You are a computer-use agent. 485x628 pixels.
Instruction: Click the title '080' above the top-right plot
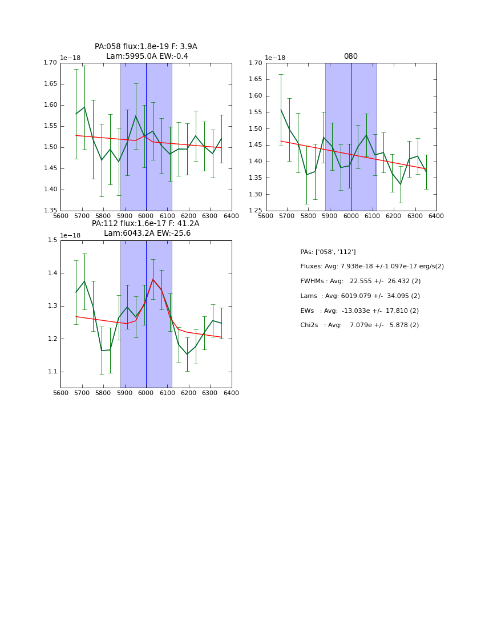click(x=351, y=57)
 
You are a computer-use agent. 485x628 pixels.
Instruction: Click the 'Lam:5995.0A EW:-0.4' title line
click(x=147, y=57)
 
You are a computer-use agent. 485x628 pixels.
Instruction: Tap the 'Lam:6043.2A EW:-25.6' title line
click(x=147, y=234)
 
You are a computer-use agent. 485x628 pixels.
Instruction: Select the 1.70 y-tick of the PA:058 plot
click(x=50, y=63)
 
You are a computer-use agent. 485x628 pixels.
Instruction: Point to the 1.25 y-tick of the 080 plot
click(x=256, y=211)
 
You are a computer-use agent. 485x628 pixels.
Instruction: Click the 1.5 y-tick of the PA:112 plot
click(x=52, y=240)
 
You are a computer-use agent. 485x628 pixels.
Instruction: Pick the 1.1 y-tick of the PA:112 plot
click(x=52, y=372)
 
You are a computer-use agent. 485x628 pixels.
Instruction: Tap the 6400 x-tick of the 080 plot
click(x=436, y=216)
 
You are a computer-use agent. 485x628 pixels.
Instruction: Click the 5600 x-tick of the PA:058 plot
click(x=60, y=216)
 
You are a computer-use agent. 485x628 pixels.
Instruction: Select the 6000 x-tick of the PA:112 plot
click(x=146, y=393)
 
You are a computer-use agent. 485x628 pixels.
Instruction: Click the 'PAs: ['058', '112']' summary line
click(x=328, y=252)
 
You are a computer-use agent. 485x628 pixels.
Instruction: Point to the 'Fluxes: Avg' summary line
click(x=371, y=267)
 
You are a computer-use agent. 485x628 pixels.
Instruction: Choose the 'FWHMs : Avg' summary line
click(x=360, y=281)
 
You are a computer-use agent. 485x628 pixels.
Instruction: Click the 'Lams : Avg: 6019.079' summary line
click(x=359, y=296)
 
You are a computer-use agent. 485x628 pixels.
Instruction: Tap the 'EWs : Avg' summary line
click(x=359, y=311)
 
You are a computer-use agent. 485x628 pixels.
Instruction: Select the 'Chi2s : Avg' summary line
click(x=359, y=325)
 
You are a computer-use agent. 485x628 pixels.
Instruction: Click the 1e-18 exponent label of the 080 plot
click(x=275, y=58)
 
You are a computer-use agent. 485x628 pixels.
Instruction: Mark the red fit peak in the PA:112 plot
click(x=153, y=279)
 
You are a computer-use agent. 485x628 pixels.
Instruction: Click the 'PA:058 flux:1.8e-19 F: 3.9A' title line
click(x=146, y=47)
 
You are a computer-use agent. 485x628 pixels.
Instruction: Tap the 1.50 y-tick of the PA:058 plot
click(x=50, y=147)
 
